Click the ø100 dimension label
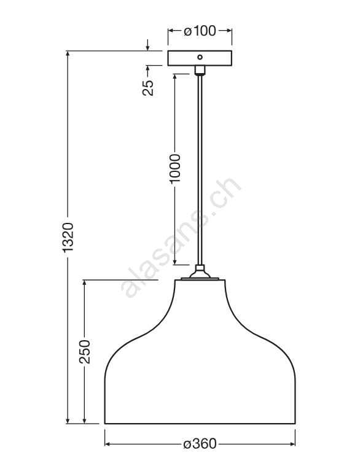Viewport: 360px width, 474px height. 200,31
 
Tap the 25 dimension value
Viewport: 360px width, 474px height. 148,88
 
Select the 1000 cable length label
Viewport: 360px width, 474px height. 175,168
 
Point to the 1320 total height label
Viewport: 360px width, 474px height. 68,237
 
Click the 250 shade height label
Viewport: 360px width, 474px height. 84,352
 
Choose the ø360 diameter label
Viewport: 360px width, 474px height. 200,444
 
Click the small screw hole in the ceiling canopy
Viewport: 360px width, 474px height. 200,57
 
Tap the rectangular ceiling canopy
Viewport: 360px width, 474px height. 200,58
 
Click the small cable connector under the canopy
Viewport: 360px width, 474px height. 200,70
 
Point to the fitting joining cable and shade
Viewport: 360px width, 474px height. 200,273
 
